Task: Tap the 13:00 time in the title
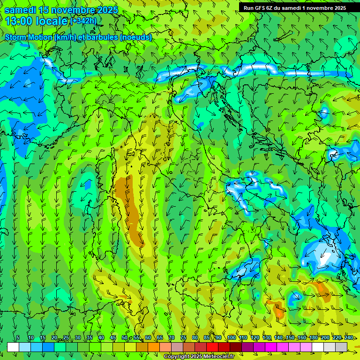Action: pyautogui.click(x=19, y=21)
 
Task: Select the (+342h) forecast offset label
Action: pyautogui.click(x=83, y=21)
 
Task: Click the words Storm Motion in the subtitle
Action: pyautogui.click(x=28, y=37)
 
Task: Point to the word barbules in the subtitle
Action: pyautogui.click(x=102, y=37)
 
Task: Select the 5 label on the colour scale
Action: pyautogui.click(x=18, y=338)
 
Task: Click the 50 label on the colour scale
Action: pyautogui.click(x=124, y=338)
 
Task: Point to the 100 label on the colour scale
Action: pyautogui.click(x=232, y=338)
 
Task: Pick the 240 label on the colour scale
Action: pyautogui.click(x=349, y=338)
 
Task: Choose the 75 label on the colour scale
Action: pyautogui.click(x=183, y=338)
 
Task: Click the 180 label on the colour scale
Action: pyautogui.click(x=314, y=338)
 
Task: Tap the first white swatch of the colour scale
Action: pyautogui.click(x=13, y=347)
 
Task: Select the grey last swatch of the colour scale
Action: pyautogui.click(x=341, y=347)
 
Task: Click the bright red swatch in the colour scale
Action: pyautogui.click(x=212, y=347)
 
